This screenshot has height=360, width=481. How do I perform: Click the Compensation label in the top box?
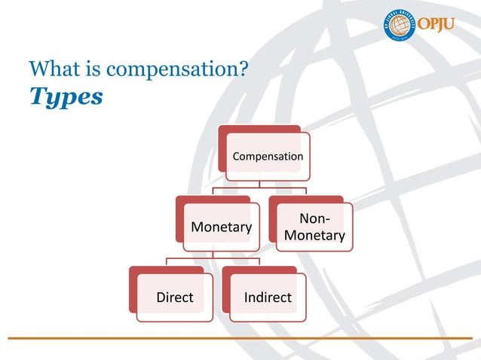268,157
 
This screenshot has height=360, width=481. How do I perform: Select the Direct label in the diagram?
174,297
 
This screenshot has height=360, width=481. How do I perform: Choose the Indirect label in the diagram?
268,297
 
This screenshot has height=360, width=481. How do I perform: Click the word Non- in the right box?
314,219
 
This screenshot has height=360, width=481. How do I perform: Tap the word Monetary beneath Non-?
314,236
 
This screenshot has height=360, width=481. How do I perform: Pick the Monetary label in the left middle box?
221,227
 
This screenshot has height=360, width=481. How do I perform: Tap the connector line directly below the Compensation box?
259,183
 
